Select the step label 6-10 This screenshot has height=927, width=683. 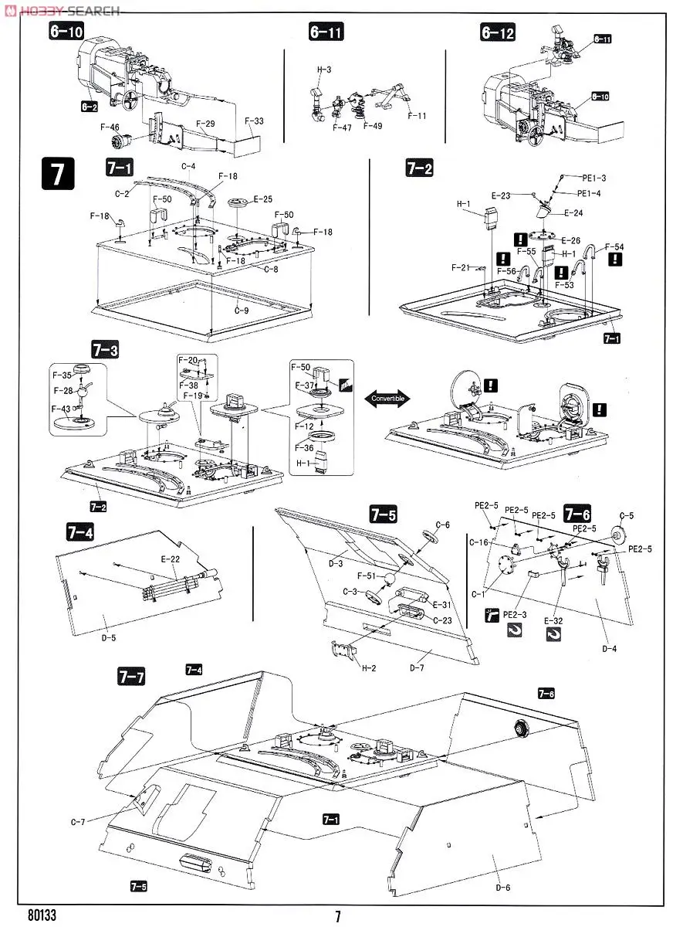pyautogui.click(x=66, y=32)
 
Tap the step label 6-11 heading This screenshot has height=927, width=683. pyautogui.click(x=326, y=32)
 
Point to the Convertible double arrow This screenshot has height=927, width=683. pyautogui.click(x=388, y=399)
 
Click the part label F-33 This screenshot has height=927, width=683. pyautogui.click(x=254, y=121)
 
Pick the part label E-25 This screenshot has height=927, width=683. pyautogui.click(x=262, y=199)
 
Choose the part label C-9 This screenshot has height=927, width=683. pyautogui.click(x=242, y=311)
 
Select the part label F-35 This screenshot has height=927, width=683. pyautogui.click(x=62, y=375)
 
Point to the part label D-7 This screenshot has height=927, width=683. pyautogui.click(x=418, y=667)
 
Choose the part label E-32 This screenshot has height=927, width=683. pyautogui.click(x=553, y=620)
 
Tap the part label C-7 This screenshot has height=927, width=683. pyautogui.click(x=78, y=821)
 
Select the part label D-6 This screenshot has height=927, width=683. pyautogui.click(x=503, y=886)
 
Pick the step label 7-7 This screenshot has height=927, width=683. pyautogui.click(x=130, y=677)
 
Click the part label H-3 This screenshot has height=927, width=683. pyautogui.click(x=323, y=70)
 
